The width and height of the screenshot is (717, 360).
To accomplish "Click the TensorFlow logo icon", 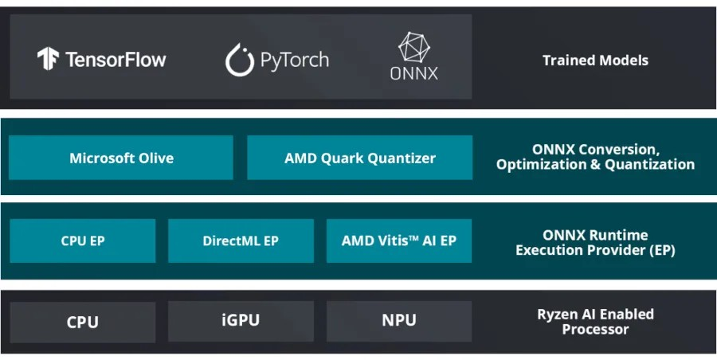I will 48,59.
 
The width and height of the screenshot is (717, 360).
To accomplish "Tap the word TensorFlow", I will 116,60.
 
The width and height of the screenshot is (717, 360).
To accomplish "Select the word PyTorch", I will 294,60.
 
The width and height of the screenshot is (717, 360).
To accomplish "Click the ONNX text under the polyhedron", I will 414,74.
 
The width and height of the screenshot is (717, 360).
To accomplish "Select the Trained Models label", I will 595,61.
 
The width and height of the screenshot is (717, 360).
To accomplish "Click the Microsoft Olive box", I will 121,158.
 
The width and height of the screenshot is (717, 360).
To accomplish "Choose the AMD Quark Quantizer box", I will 359,158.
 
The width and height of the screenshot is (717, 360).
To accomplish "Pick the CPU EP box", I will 83,241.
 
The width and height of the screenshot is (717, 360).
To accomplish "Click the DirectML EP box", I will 241,241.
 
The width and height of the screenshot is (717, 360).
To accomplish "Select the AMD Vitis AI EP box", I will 398,241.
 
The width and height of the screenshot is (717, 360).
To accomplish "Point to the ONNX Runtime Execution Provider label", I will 595,242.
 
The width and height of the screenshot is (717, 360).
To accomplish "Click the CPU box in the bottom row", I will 83,322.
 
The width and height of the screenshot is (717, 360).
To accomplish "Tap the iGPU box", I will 241,321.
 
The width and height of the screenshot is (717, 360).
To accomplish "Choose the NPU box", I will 398,321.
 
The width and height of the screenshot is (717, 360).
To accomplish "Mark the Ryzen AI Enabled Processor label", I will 595,321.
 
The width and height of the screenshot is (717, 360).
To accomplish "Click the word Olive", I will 155,158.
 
